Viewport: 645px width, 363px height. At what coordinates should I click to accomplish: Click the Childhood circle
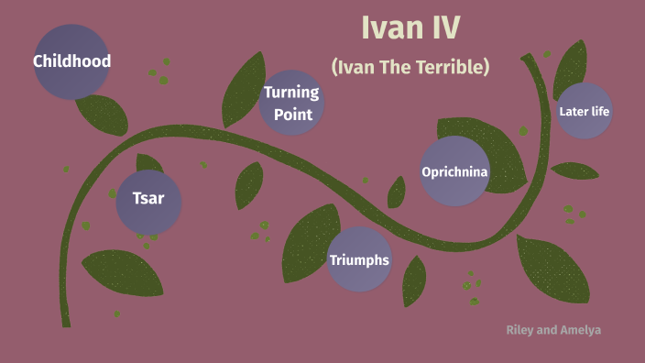(x=71, y=61)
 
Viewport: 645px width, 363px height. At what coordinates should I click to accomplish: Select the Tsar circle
(x=148, y=199)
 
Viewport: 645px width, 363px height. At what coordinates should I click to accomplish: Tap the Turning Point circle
(x=291, y=103)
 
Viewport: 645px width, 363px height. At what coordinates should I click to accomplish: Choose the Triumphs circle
(x=359, y=259)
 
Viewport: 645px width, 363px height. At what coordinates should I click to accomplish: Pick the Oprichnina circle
(x=454, y=171)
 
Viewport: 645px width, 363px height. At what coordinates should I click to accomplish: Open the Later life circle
(x=584, y=111)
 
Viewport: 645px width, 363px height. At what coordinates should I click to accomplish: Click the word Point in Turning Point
(x=292, y=115)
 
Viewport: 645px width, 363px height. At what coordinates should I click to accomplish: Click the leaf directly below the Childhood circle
(x=102, y=115)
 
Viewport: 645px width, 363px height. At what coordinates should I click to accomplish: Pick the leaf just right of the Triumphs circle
(x=414, y=280)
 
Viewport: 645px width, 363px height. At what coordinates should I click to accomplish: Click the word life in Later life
(x=600, y=112)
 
